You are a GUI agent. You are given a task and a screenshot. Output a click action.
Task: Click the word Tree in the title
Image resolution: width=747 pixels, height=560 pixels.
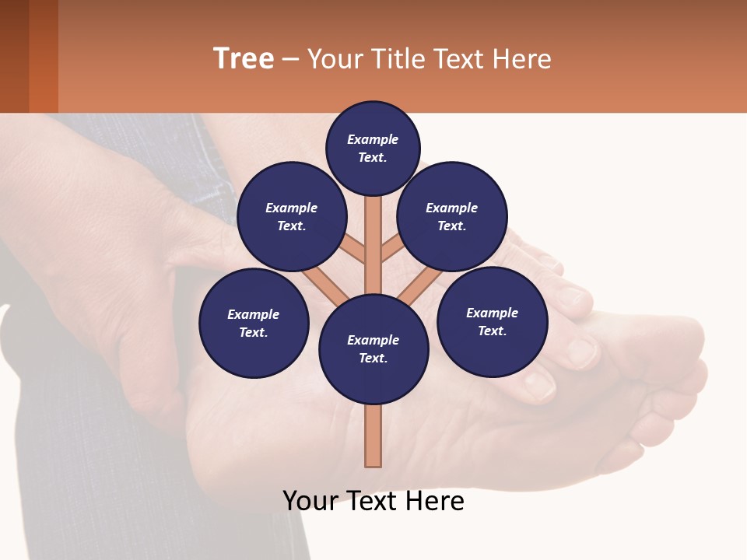[244, 59]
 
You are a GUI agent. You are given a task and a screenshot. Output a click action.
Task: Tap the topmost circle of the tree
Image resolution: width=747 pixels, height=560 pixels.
[373, 148]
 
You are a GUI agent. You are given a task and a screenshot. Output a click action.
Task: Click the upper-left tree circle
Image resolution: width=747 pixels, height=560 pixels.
[292, 216]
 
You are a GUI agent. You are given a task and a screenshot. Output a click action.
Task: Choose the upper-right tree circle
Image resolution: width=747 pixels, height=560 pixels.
[452, 216]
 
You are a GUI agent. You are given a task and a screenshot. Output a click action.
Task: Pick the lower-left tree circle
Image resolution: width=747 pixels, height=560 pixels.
[254, 323]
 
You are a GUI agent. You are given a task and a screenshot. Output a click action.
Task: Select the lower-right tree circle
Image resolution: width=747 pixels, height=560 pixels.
[492, 321]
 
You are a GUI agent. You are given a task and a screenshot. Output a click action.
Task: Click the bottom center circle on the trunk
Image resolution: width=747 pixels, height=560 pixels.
[373, 349]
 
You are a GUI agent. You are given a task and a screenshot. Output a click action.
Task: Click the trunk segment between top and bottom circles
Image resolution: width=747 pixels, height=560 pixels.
[373, 245]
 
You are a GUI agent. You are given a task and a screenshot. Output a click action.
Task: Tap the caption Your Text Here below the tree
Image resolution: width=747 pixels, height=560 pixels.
[373, 501]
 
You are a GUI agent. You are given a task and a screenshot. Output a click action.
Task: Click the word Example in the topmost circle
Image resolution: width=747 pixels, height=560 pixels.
[373, 139]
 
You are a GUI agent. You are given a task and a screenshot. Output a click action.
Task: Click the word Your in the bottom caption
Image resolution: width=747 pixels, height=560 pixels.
[311, 501]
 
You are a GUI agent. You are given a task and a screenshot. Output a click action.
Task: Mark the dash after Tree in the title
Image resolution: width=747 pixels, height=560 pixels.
[290, 59]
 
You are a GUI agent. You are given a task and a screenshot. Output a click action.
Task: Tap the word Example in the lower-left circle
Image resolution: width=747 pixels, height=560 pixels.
[254, 314]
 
